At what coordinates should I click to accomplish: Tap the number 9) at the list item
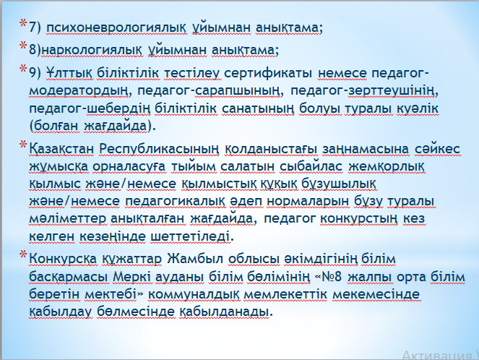coord(35,74)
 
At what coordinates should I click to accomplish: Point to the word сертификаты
coord(268,74)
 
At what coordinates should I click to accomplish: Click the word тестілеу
coord(192,74)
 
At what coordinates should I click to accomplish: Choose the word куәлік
coord(418,108)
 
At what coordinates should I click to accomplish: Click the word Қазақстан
coord(61,150)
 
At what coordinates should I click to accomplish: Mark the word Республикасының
coord(159,150)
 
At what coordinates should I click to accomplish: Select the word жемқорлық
coord(386,167)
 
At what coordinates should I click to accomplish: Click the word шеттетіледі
coord(190,236)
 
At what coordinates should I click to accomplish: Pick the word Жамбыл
coord(195,260)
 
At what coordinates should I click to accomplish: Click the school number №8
coord(330,278)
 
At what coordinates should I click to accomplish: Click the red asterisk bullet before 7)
coord(23,24)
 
